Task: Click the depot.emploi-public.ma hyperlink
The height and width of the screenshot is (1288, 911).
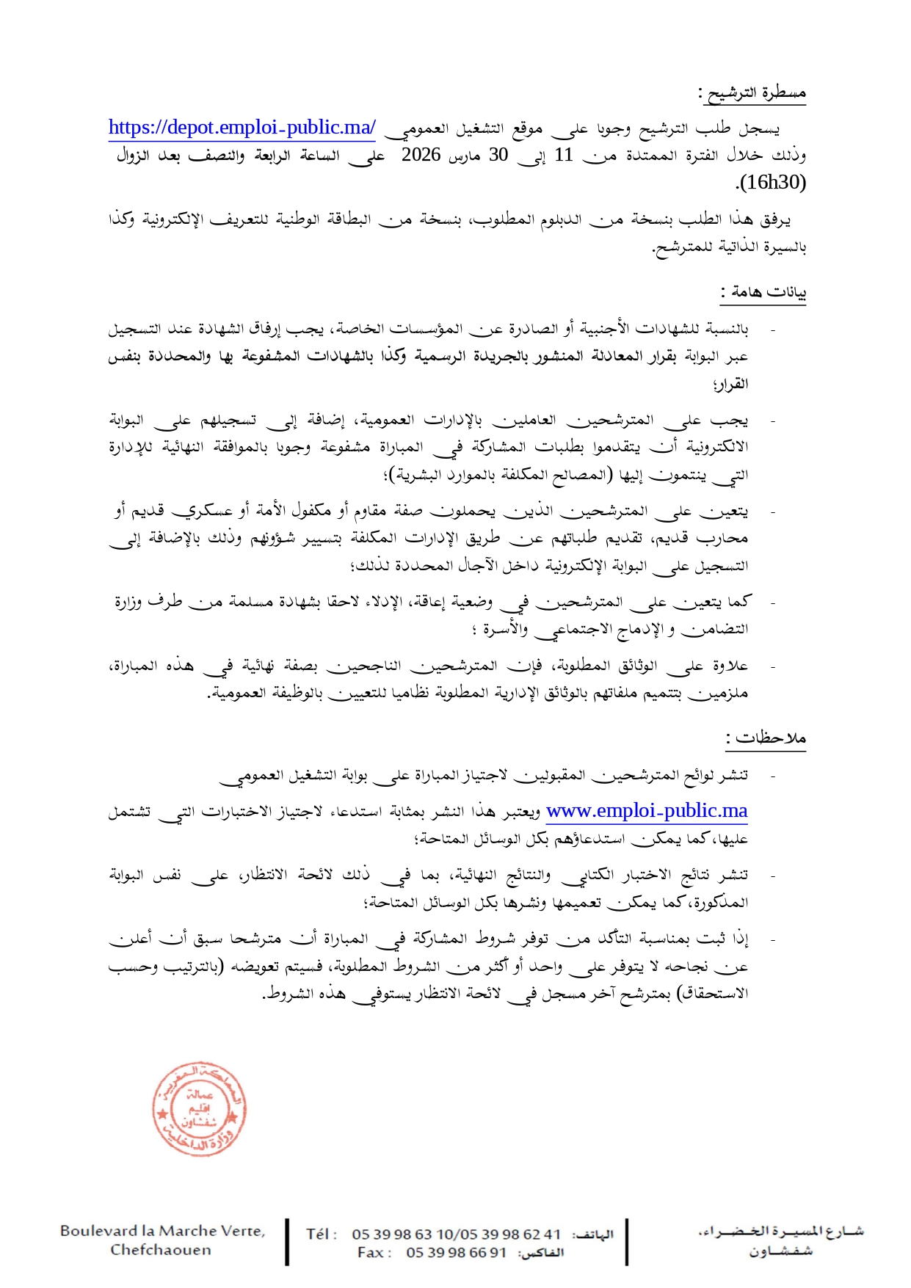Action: (x=242, y=128)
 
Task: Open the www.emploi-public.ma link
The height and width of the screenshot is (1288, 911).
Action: (x=647, y=811)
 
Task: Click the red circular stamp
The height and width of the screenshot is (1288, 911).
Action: (x=199, y=1109)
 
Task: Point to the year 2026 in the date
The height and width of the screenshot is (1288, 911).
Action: (x=421, y=155)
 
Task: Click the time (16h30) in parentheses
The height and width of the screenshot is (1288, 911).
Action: (x=773, y=182)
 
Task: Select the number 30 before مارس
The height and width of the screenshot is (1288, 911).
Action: (x=499, y=155)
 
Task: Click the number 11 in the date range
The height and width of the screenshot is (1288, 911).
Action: (x=564, y=155)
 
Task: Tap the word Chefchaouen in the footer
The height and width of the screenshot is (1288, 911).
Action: (x=161, y=1250)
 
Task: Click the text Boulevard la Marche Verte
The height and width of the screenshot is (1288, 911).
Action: (x=162, y=1231)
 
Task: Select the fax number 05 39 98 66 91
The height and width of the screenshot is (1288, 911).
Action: (x=456, y=1253)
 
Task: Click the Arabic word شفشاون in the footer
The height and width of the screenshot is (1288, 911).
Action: (x=780, y=1251)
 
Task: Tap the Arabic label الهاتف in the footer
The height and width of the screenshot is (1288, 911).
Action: (x=592, y=1235)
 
